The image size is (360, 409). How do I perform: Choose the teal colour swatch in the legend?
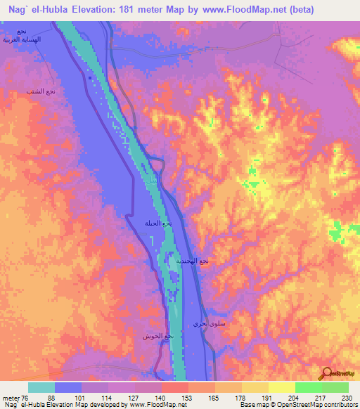[x=41, y=387]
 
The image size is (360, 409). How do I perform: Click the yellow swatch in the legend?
[x=281, y=387]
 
